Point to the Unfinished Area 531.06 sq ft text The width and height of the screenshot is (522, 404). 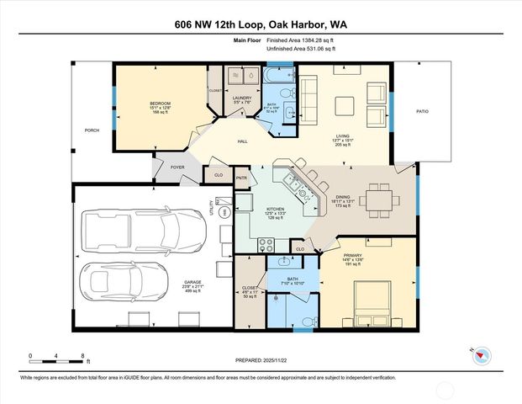(x=301, y=50)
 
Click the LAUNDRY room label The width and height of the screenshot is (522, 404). (x=242, y=98)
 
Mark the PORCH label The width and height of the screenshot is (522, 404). (x=92, y=130)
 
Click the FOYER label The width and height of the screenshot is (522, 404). (x=177, y=167)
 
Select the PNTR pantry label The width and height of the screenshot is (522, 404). (x=242, y=178)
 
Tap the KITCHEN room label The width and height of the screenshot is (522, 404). (x=275, y=209)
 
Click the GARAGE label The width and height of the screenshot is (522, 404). (x=194, y=282)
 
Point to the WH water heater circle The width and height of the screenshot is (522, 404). (x=224, y=212)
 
